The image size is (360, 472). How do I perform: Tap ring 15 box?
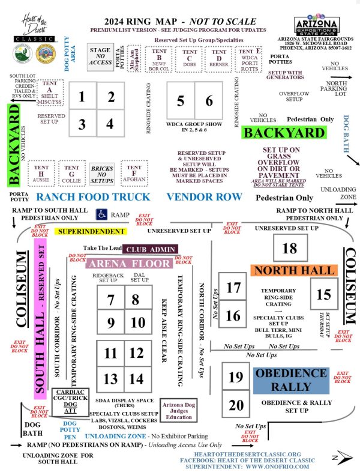pos(323,294)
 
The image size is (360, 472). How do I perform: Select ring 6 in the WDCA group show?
pos(209,101)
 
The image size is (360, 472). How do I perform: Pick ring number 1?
pos(82,97)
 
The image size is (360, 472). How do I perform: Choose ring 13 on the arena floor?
pos(110,379)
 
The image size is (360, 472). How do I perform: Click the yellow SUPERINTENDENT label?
pos(89,230)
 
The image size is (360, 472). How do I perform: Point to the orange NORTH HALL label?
pos(293,271)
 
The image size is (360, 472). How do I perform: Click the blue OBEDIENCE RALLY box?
pos(290,379)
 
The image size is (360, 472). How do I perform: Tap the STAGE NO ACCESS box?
pos(100,57)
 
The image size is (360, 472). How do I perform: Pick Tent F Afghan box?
pos(134,169)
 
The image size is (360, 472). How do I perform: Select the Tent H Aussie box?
pos(41,170)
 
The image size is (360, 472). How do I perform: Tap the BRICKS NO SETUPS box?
pos(102,173)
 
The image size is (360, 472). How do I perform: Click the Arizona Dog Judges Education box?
pos(176,411)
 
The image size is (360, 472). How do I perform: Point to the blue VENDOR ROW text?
pos(204,197)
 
